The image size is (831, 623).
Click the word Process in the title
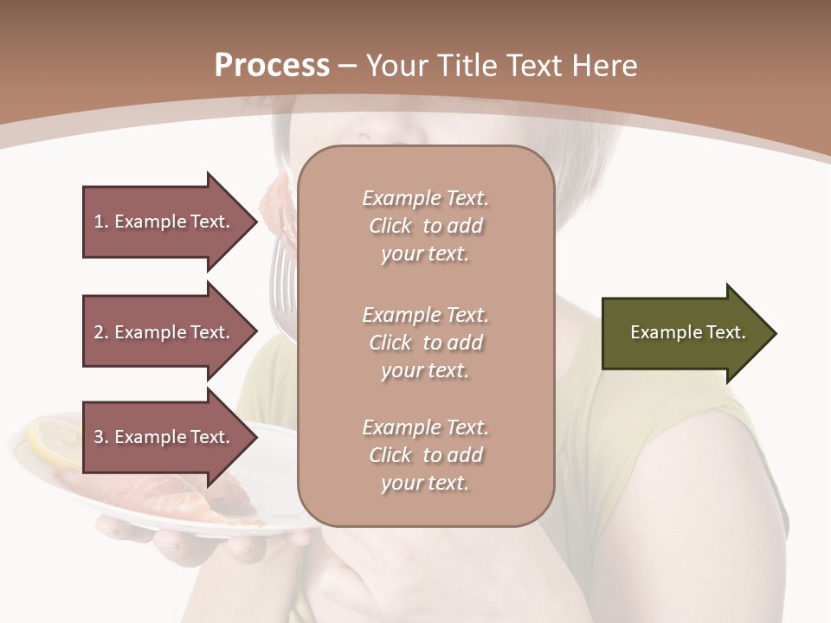pyautogui.click(x=272, y=66)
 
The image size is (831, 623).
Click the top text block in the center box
pyautogui.click(x=425, y=226)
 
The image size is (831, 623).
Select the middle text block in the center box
pyautogui.click(x=425, y=342)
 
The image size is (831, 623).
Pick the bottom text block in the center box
pyautogui.click(x=425, y=455)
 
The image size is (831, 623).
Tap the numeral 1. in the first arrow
pyautogui.click(x=101, y=222)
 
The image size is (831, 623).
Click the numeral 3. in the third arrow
pyautogui.click(x=101, y=437)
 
